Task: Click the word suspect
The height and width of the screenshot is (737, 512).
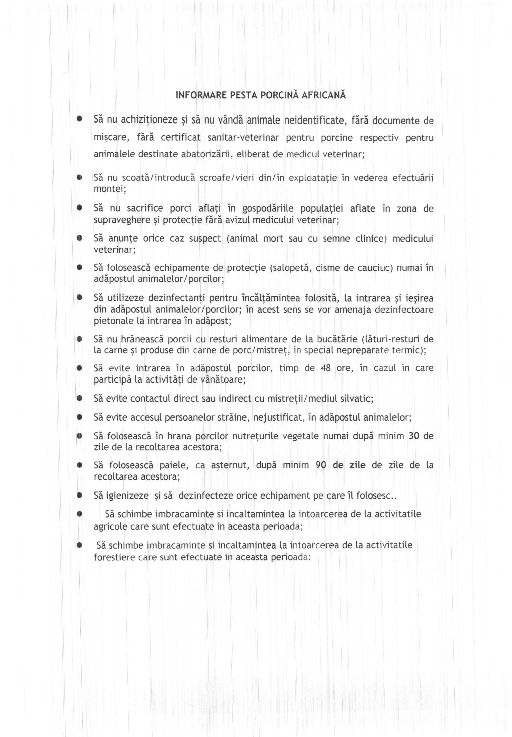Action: click(x=205, y=239)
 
